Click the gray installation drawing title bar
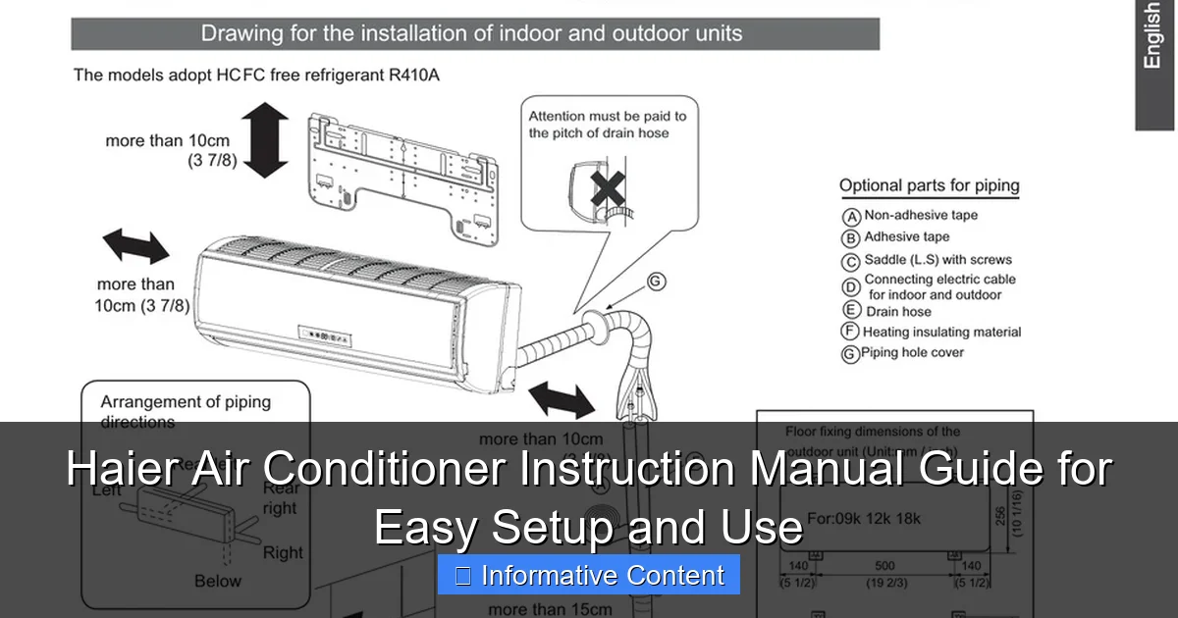coord(475,34)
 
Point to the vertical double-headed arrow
coord(265,141)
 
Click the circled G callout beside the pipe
coord(656,282)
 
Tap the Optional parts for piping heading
coord(929,185)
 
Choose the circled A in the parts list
coord(851,217)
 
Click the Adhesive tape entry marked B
coord(906,237)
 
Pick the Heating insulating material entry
coord(941,333)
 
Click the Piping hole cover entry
coord(912,353)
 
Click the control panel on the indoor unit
coord(328,337)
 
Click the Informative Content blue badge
coord(589,575)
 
